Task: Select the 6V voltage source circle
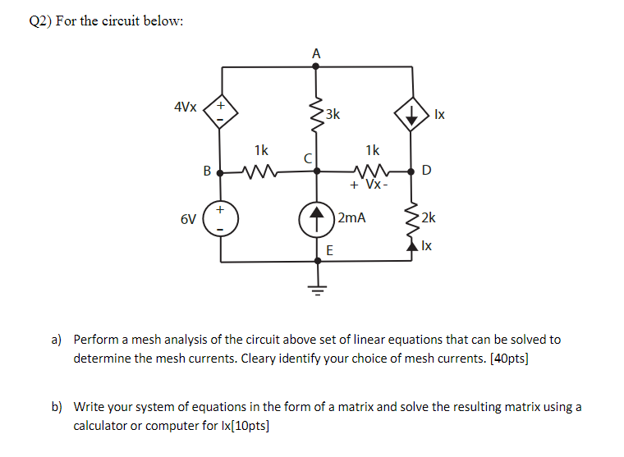tap(221, 219)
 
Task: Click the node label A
tap(317, 53)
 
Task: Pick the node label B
tap(207, 171)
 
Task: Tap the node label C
tap(307, 158)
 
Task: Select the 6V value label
tap(188, 219)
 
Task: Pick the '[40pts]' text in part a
tap(507, 359)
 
